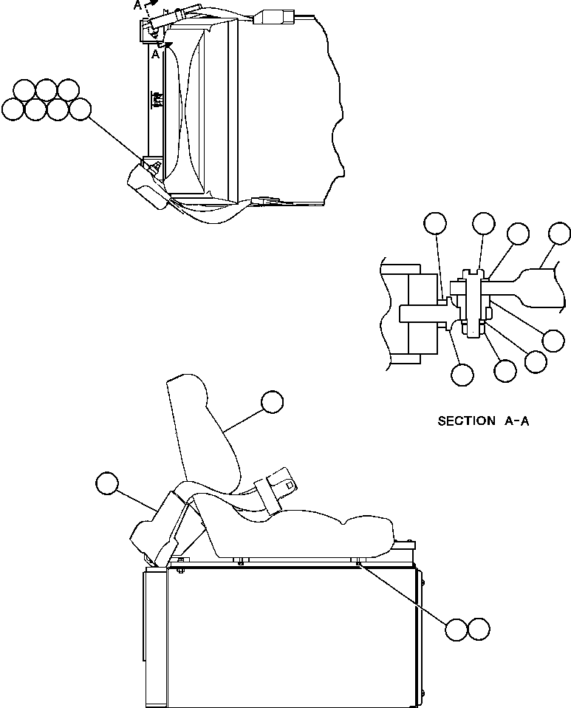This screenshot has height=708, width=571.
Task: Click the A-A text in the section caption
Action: point(517,421)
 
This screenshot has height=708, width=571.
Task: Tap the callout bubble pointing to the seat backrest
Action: point(272,401)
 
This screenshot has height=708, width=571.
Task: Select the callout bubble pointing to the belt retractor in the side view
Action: point(106,483)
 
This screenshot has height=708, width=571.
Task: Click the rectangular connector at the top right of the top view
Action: point(273,16)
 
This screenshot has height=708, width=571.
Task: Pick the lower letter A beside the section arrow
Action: point(156,54)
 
